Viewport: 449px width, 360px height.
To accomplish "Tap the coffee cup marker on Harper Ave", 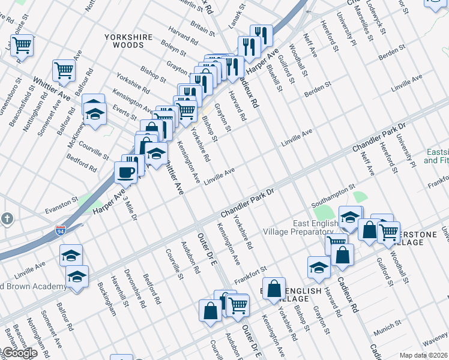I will (125, 172).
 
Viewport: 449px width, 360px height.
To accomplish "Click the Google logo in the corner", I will (19, 353).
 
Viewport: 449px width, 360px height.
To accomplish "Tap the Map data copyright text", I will (423, 355).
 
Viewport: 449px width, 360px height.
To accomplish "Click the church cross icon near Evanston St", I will (6, 218).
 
